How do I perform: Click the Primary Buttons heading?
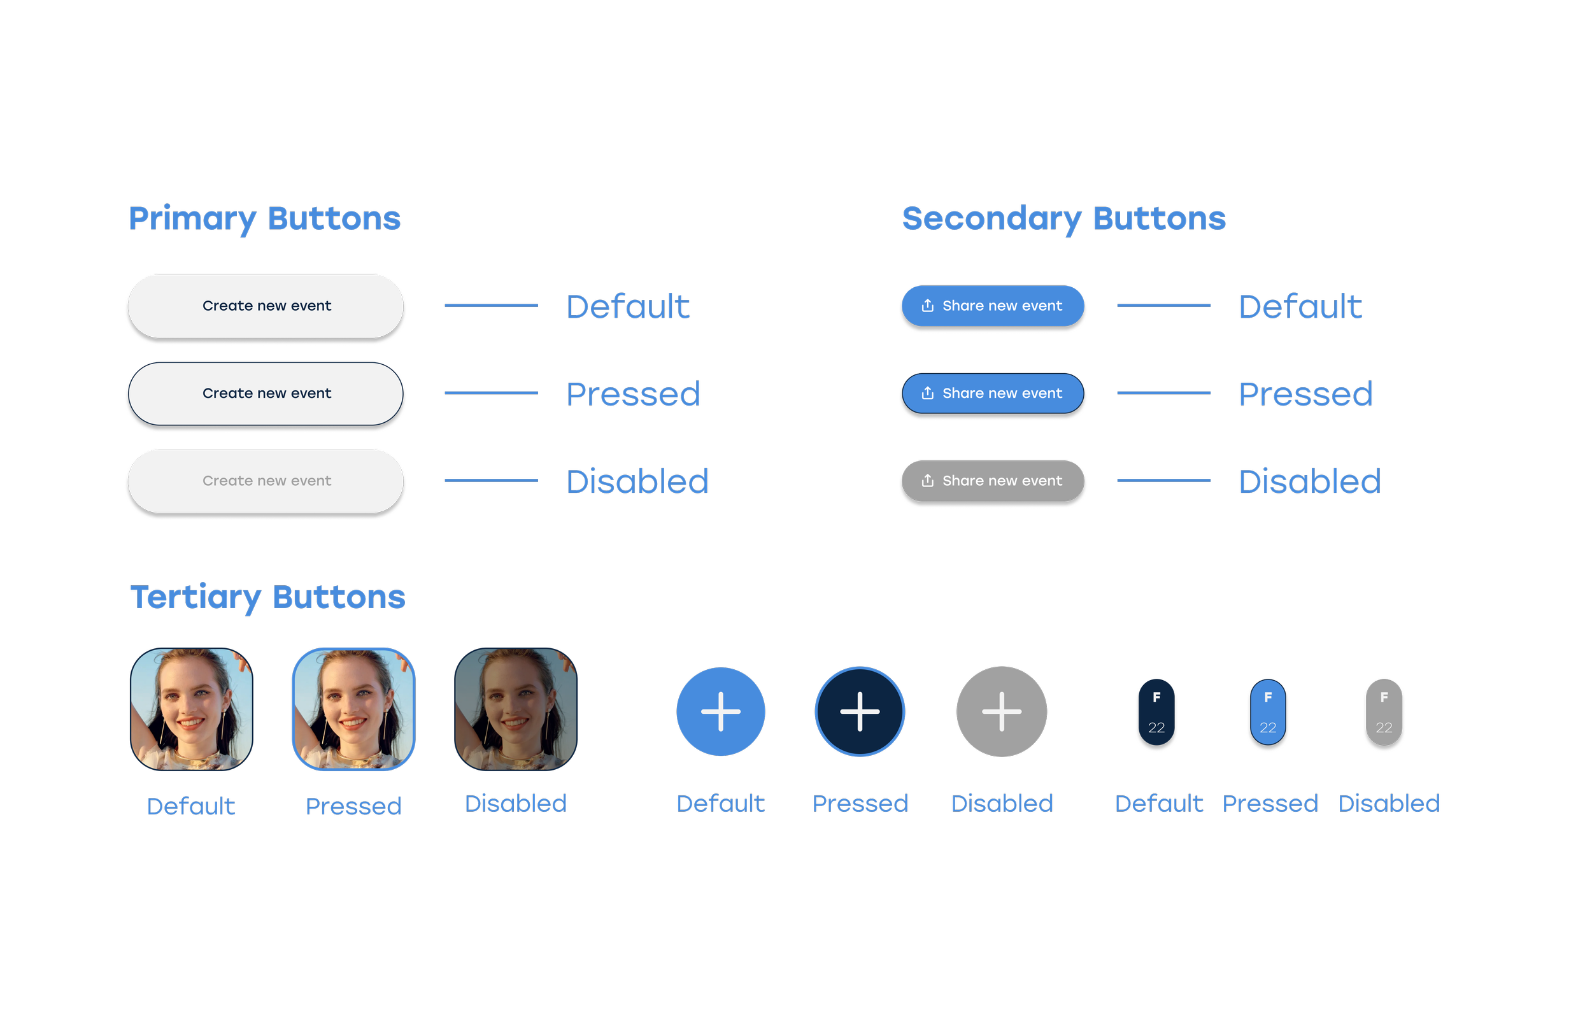tap(264, 218)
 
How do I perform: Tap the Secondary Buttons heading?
tap(1063, 218)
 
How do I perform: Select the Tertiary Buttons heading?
tap(268, 597)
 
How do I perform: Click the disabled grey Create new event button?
tap(266, 481)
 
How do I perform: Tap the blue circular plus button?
tap(720, 712)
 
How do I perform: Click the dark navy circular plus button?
tap(859, 712)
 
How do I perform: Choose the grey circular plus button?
tap(1002, 712)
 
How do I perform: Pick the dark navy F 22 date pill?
tap(1156, 714)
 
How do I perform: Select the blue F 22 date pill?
tap(1267, 714)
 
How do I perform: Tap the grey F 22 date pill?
tap(1384, 714)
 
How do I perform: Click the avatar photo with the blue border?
tap(353, 709)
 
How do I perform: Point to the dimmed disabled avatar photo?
tap(515, 709)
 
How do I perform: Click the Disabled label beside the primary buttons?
tap(637, 482)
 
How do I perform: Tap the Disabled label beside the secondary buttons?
tap(1309, 482)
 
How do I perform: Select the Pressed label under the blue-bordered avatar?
tap(353, 807)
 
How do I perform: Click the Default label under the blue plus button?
tap(720, 804)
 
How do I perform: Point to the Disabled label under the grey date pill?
tap(1389, 804)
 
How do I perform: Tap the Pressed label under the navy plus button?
tap(860, 804)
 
